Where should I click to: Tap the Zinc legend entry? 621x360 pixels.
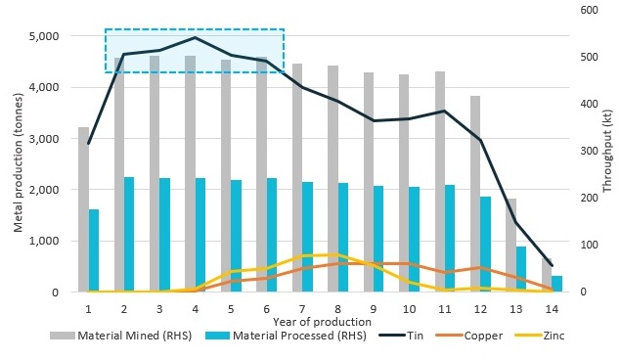tap(550, 336)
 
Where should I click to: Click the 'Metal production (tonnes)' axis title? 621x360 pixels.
tap(19, 164)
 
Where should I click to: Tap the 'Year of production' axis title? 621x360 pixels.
tap(322, 321)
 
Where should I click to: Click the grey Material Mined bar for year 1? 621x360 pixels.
tap(83, 209)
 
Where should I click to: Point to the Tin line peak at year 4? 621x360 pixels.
tap(195, 37)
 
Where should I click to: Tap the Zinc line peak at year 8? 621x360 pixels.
tap(337, 254)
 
